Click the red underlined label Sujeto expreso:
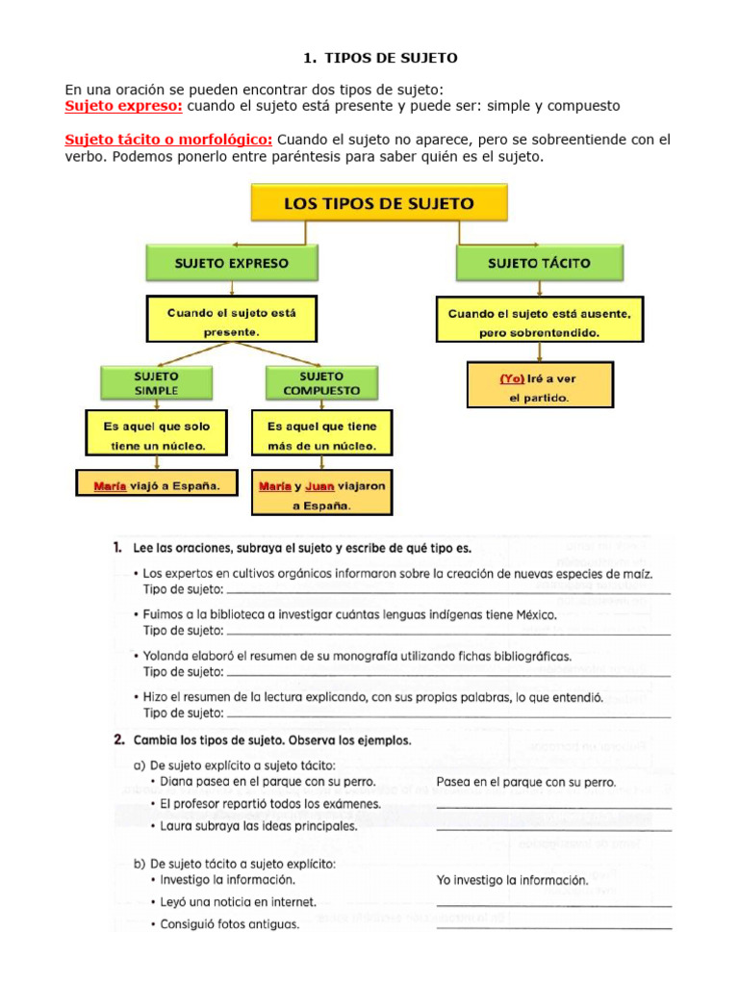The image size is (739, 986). (123, 105)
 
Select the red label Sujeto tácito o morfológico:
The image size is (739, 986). (168, 140)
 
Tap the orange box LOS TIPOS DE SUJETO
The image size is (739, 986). (378, 204)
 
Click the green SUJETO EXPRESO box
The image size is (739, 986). (231, 262)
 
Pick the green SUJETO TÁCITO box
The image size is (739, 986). (539, 262)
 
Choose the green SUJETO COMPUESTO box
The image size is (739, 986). (322, 382)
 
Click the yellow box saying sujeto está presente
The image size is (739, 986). (231, 321)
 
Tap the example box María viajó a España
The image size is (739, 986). (157, 486)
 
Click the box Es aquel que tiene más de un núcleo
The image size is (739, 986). (322, 435)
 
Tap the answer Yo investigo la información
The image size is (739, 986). (511, 879)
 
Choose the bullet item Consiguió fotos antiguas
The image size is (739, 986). (229, 924)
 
